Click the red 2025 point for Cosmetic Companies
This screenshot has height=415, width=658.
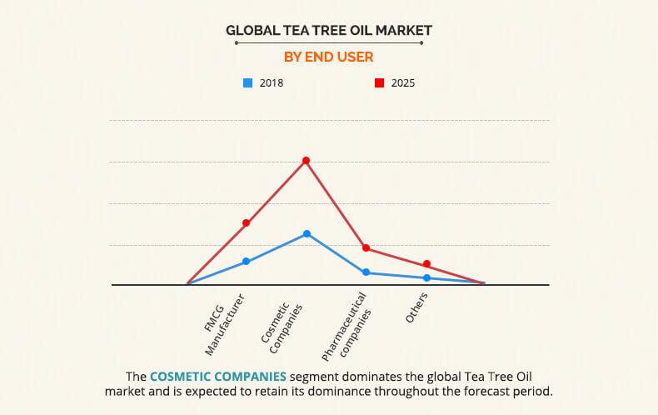[306, 160]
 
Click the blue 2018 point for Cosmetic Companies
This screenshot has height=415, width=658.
[307, 234]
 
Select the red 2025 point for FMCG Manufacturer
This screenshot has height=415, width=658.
[246, 222]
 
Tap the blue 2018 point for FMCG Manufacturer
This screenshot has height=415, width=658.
[246, 262]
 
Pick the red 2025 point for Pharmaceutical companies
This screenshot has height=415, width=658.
[366, 248]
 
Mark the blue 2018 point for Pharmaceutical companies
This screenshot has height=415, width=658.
[366, 272]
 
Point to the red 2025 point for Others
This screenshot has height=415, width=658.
[426, 264]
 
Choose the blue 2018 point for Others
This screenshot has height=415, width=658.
[426, 278]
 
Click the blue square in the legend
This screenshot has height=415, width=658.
[247, 82]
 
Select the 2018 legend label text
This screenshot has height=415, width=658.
[271, 83]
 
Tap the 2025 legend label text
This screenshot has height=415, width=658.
[403, 83]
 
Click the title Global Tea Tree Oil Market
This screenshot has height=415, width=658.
[328, 31]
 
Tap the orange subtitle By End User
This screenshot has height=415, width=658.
[328, 57]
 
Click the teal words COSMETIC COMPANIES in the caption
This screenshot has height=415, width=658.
[219, 376]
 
